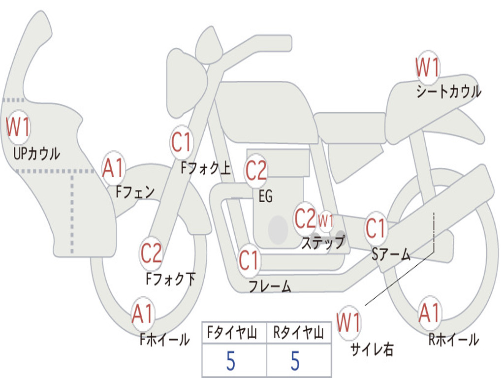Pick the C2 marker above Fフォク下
click(x=151, y=253)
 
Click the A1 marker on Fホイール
click(x=143, y=314)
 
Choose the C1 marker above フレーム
click(x=249, y=260)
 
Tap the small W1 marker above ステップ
click(x=326, y=220)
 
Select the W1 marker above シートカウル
click(x=427, y=67)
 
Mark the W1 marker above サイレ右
click(x=348, y=323)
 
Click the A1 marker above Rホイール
click(x=430, y=313)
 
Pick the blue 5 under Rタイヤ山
click(x=295, y=361)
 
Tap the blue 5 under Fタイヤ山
click(x=230, y=361)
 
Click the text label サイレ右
click(x=372, y=349)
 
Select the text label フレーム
click(x=270, y=286)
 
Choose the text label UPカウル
click(x=37, y=154)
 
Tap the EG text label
click(x=265, y=196)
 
